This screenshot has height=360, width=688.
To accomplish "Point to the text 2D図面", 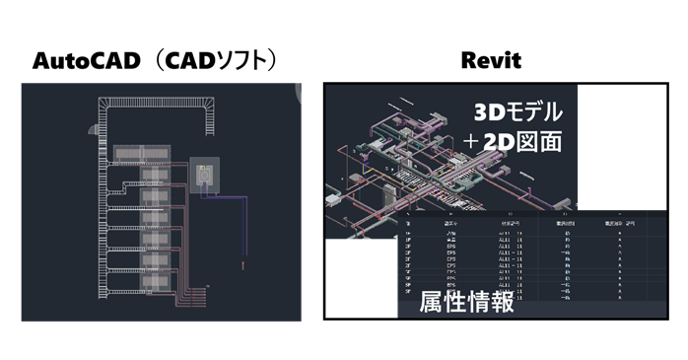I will (x=527, y=143).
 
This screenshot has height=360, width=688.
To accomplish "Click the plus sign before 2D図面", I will (x=480, y=143).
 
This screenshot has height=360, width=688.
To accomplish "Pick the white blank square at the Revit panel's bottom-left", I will (x=359, y=280).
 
